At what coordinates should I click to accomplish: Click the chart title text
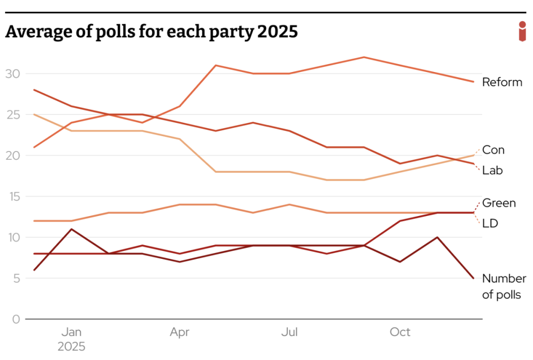point(152,32)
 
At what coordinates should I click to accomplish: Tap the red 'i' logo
point(522,32)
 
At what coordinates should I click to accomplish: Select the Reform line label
point(502,82)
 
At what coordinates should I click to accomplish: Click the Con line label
point(493,150)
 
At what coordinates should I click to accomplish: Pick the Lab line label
point(493,171)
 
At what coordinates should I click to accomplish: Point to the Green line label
point(498,203)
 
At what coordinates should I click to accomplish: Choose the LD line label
point(490,223)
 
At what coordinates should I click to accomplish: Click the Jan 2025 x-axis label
point(72,339)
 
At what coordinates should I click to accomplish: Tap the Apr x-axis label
point(180,332)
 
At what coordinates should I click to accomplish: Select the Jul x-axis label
point(289,332)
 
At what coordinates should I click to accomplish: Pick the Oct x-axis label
point(400,332)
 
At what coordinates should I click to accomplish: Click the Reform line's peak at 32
point(364,57)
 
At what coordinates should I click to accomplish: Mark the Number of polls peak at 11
point(72,229)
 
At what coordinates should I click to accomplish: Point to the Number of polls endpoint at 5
point(473,278)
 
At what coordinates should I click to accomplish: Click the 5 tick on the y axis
point(16,279)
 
